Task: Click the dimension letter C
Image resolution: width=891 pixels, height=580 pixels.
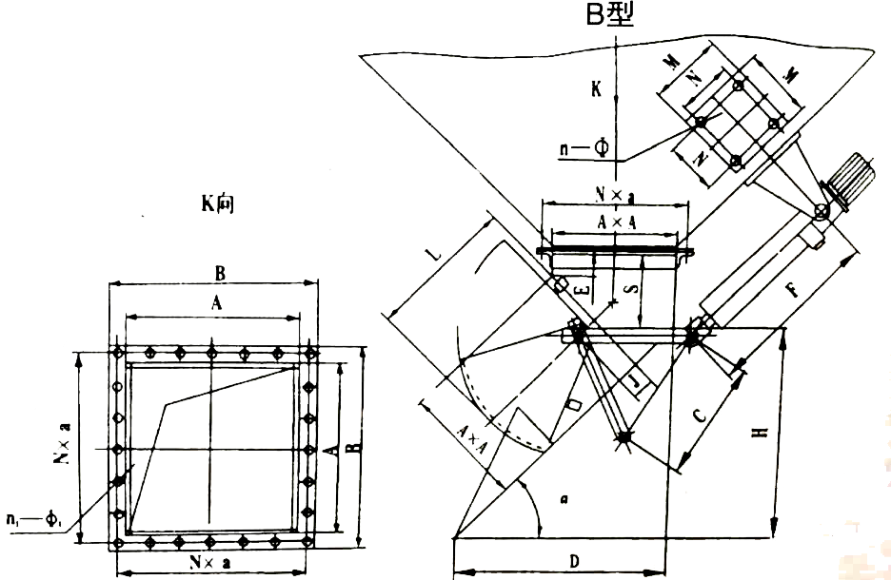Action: click(699, 416)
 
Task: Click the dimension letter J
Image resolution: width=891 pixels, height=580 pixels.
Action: click(637, 383)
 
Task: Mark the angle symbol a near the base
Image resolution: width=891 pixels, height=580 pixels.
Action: click(563, 497)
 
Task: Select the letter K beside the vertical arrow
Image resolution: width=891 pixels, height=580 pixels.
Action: click(595, 89)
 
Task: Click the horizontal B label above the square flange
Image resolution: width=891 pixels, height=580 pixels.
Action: click(219, 274)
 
